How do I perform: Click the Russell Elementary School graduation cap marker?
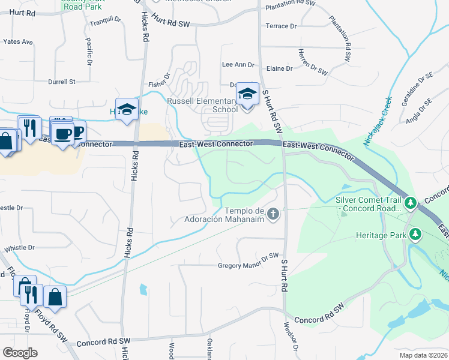[247, 95]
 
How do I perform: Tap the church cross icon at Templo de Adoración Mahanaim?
[273, 214]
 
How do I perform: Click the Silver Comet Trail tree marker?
[411, 203]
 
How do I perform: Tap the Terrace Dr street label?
[281, 26]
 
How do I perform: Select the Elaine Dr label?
[280, 68]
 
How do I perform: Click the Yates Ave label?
[18, 42]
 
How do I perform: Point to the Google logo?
[20, 353]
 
